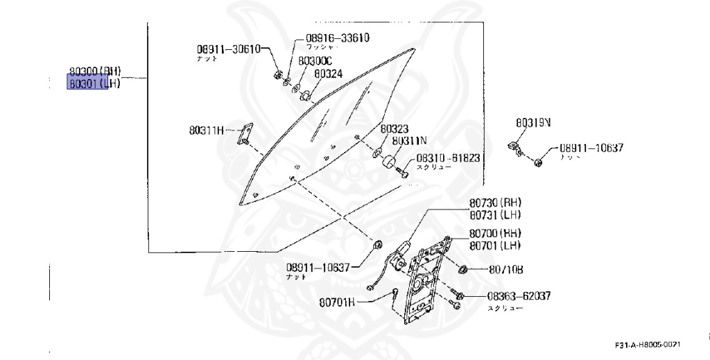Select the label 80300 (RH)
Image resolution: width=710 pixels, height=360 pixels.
coord(95,71)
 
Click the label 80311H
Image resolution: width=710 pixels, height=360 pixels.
coord(207,129)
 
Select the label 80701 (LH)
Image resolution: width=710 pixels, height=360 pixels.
coord(495,246)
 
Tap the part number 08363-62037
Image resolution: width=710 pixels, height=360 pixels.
coord(514,296)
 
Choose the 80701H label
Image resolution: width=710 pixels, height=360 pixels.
coord(337,302)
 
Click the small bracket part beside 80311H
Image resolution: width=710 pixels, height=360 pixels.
coord(245,134)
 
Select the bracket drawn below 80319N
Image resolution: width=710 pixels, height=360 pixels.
coord(516,148)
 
